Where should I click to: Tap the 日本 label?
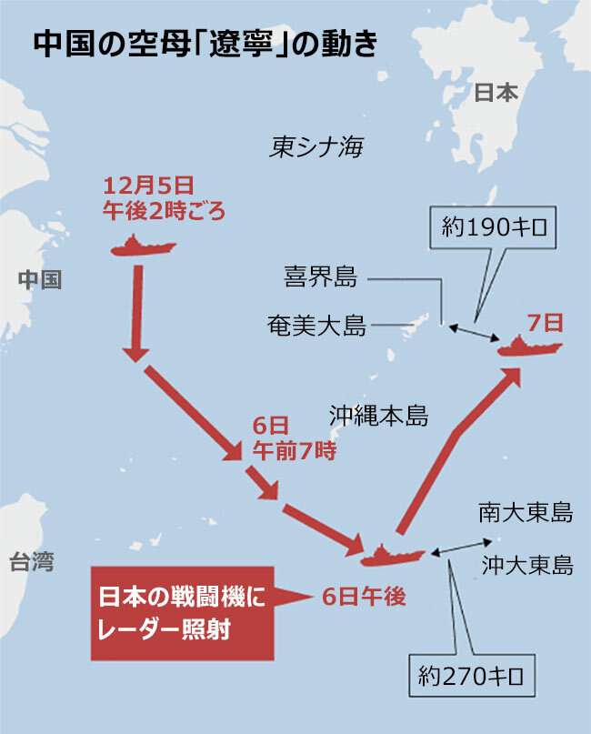coord(496,92)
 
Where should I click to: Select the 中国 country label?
coord(40,279)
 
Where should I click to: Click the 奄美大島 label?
coord(317,325)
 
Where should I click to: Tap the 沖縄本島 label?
coord(378,417)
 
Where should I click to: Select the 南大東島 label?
coord(526,512)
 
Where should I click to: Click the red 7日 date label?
coord(546,322)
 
